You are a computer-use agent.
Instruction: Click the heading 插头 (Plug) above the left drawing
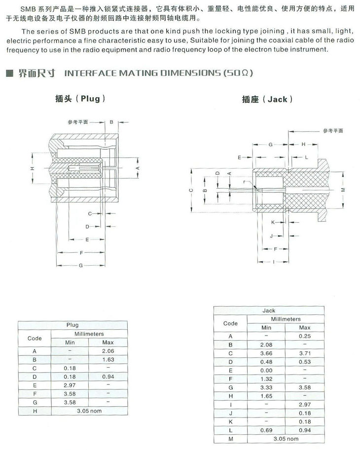point(78,99)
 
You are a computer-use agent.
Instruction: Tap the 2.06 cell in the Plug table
point(108,351)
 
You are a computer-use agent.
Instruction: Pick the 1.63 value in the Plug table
point(108,359)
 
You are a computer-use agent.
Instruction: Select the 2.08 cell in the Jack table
point(266,345)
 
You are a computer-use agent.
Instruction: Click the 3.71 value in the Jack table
point(305,353)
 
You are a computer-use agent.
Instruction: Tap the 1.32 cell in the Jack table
point(266,378)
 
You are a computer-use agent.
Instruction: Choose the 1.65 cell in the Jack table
point(266,395)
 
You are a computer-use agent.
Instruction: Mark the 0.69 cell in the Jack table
point(266,429)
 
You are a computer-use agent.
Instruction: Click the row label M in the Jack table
point(230,438)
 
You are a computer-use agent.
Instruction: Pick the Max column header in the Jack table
point(305,328)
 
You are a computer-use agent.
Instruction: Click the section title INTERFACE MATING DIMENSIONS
point(159,73)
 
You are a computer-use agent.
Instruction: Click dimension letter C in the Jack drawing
point(190,191)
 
